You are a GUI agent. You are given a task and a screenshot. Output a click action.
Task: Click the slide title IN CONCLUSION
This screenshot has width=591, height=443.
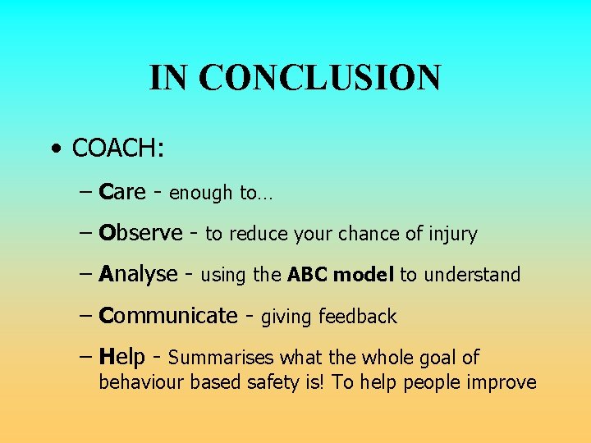click(x=295, y=78)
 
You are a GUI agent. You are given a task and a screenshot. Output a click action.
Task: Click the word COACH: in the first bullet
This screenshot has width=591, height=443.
click(x=118, y=148)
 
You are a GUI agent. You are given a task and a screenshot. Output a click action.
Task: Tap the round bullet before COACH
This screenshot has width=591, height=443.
click(x=54, y=149)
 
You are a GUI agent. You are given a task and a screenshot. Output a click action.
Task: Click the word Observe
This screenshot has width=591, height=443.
click(x=140, y=233)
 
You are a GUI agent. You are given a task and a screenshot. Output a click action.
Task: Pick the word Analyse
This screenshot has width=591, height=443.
click(x=138, y=274)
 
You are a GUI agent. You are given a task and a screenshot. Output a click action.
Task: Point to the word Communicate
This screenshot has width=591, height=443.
click(x=167, y=316)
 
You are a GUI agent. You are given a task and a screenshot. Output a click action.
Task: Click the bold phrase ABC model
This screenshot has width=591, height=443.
click(x=341, y=275)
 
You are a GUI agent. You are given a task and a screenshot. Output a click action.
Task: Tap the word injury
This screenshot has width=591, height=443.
click(x=452, y=235)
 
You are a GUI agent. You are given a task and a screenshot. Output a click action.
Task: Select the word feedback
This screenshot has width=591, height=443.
click(x=357, y=317)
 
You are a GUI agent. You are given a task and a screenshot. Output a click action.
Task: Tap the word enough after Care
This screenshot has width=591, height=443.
click(x=201, y=194)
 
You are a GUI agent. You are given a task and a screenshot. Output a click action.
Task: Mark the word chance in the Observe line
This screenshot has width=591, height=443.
click(x=373, y=235)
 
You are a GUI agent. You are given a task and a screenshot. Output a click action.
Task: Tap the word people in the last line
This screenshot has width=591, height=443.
click(x=434, y=383)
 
